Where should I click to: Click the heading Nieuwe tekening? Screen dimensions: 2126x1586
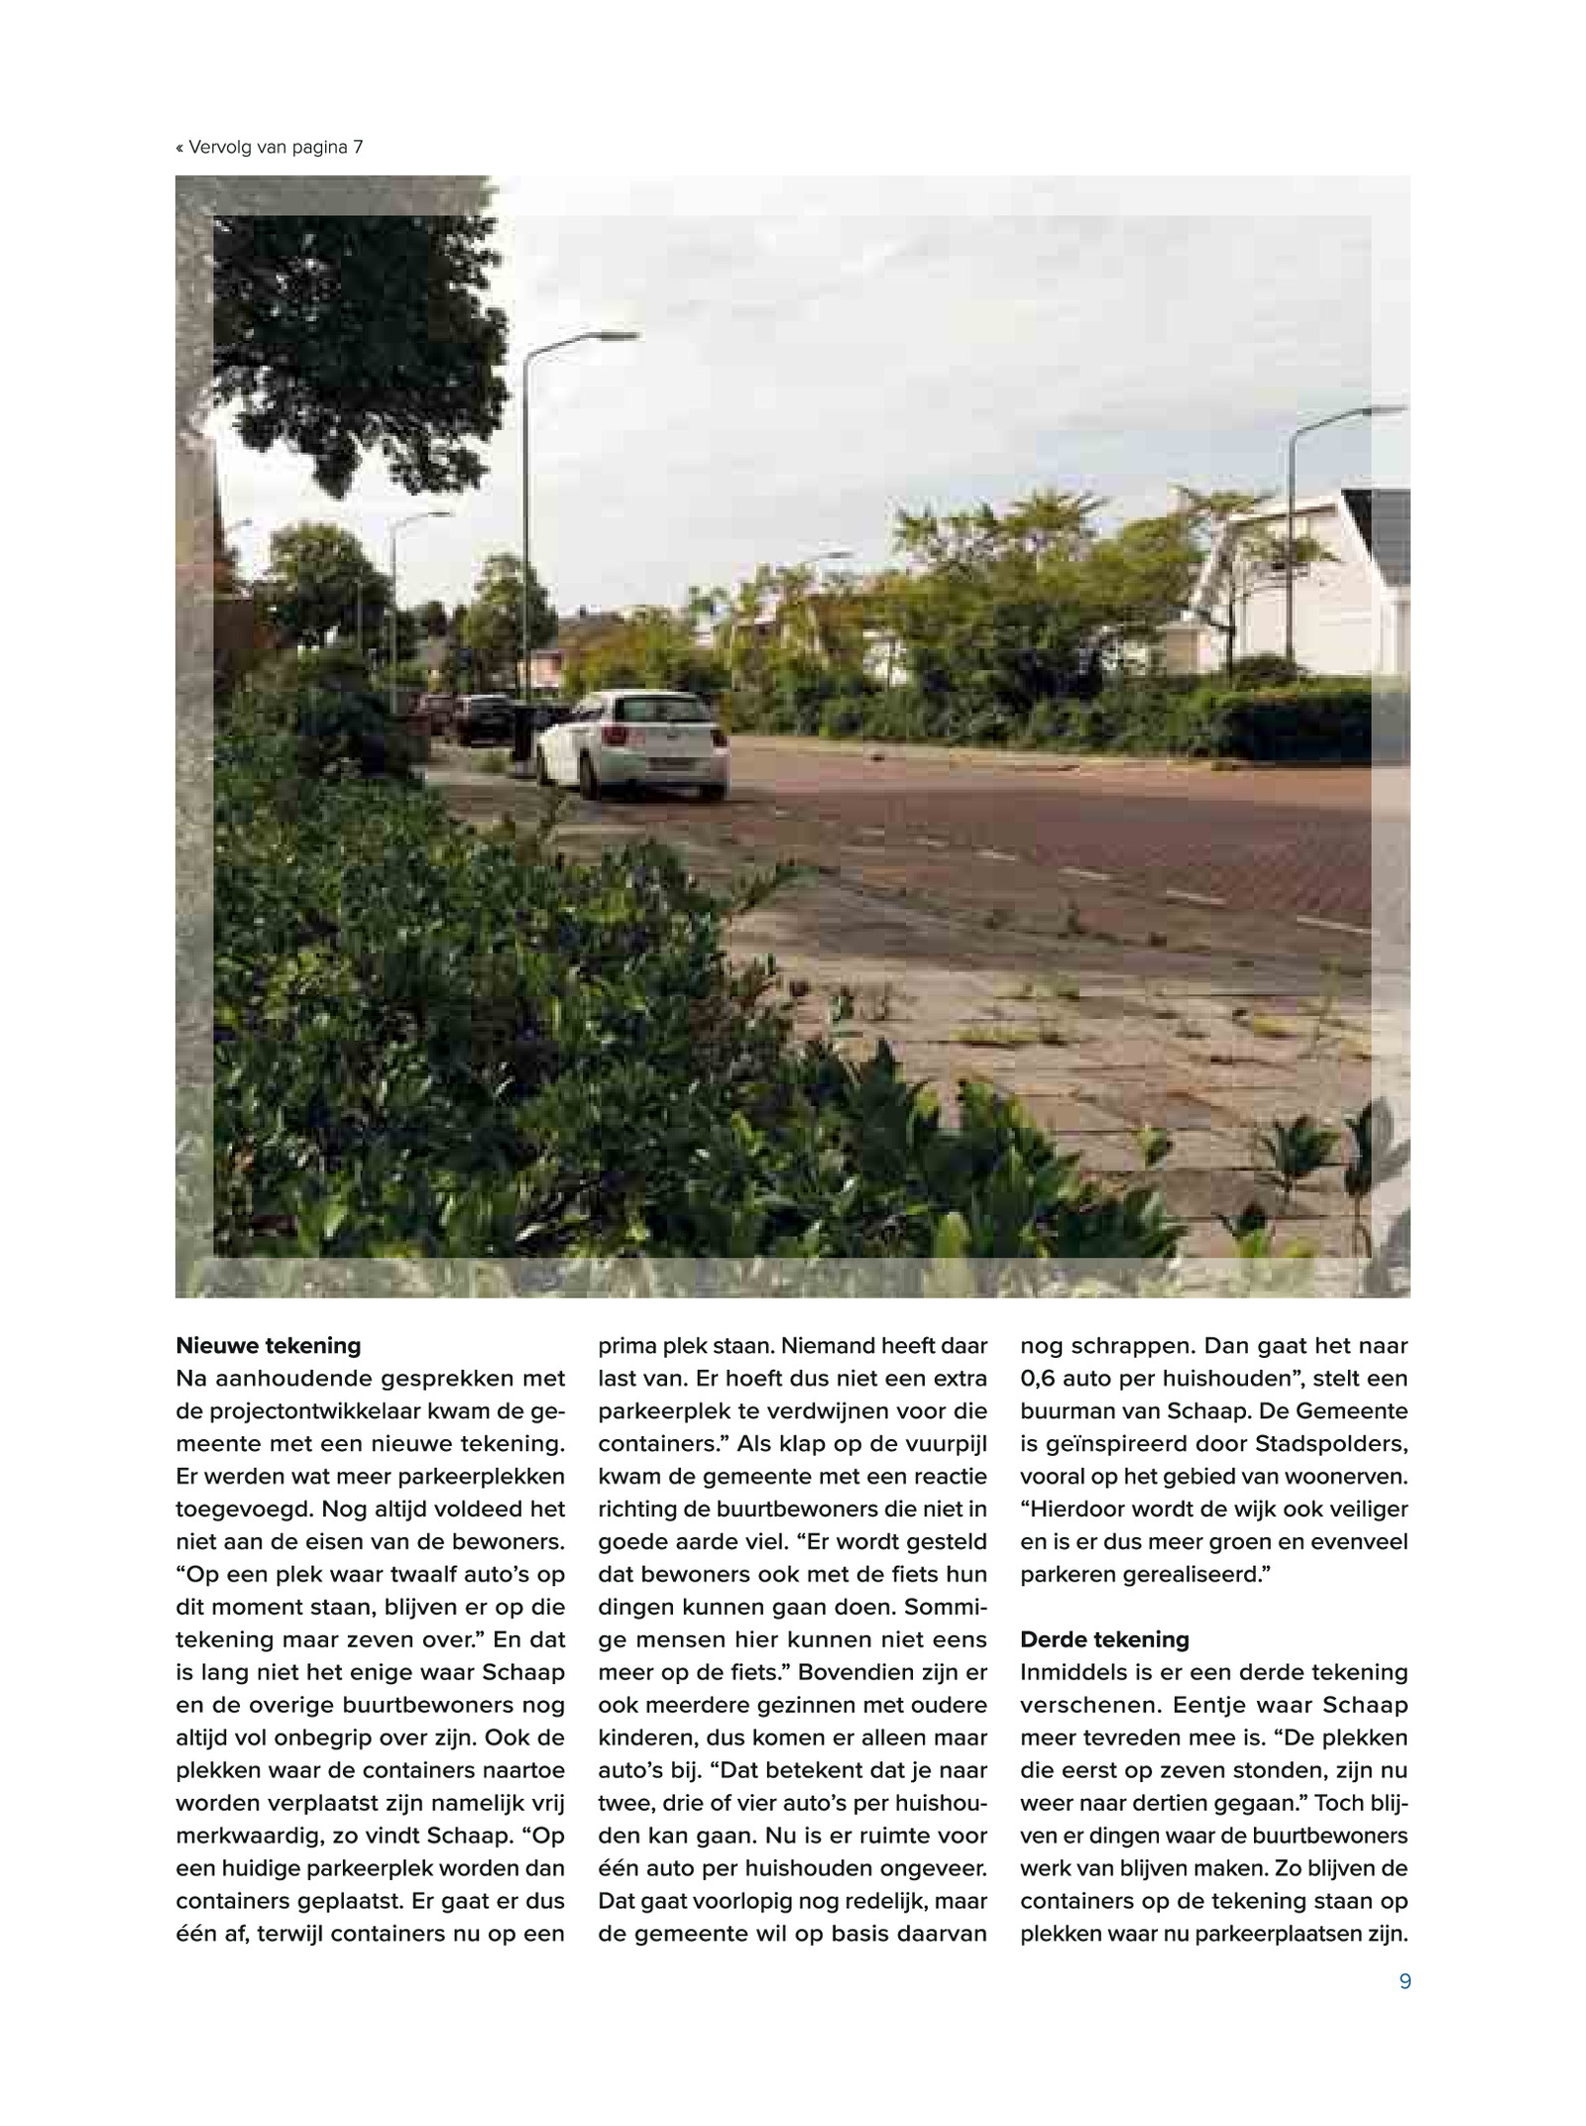click(268, 1345)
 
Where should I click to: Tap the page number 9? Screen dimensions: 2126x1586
click(1404, 1981)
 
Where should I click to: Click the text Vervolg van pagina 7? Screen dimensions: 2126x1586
click(270, 148)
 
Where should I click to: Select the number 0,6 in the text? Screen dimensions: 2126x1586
click(1040, 1378)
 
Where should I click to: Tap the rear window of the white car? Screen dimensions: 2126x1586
click(656, 710)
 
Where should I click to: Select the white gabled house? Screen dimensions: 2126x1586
click(1299, 585)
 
